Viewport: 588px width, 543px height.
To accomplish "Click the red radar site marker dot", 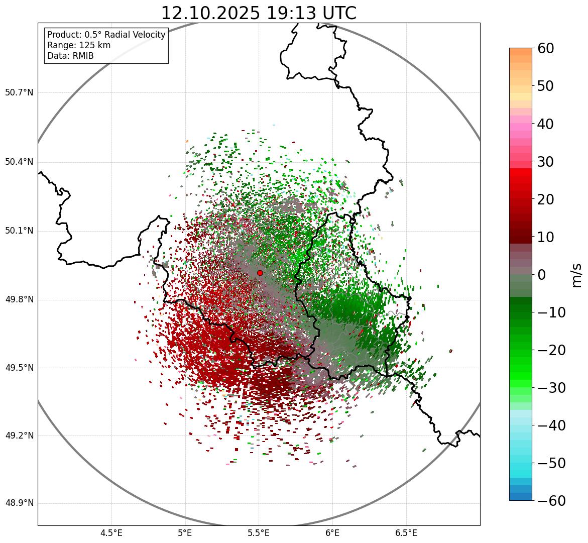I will coord(260,273).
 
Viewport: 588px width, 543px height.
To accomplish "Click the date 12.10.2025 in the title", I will coord(210,13).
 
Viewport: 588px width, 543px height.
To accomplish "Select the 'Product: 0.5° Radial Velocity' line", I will coord(106,35).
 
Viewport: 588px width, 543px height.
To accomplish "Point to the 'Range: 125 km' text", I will coord(79,45).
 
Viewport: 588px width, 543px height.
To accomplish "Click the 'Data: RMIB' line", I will coord(70,56).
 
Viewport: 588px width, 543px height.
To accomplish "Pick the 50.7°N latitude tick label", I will coord(19,92).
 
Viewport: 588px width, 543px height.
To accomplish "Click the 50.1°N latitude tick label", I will coord(19,231).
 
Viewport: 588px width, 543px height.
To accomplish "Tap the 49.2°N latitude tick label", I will coord(19,436).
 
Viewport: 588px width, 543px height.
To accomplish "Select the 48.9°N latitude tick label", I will coord(19,503).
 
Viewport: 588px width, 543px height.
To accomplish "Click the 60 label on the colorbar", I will coord(546,48).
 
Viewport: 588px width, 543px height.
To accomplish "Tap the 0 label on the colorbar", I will coord(542,275).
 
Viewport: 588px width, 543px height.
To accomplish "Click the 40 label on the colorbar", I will coord(546,124).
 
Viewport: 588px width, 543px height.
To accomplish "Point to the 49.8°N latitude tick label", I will coord(19,300).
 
